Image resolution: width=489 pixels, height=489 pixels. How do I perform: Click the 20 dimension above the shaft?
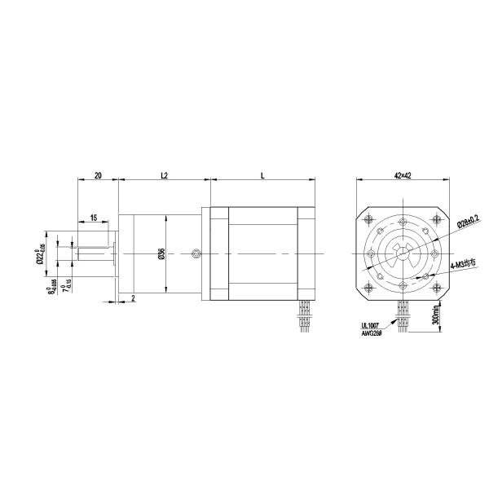98,175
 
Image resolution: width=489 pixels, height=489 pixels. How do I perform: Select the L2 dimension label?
164,175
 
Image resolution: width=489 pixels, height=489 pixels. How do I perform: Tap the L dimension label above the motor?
262,175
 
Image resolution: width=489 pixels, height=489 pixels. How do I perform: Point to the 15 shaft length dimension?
94,218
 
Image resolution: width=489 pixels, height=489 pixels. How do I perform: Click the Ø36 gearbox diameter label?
161,254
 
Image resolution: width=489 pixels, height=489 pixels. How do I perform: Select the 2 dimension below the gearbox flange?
133,297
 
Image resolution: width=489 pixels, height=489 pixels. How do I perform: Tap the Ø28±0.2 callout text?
467,222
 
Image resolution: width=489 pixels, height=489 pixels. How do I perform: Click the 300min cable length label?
437,315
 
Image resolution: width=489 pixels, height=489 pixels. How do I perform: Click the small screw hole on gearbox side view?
196,255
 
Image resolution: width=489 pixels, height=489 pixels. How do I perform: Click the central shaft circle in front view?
403,253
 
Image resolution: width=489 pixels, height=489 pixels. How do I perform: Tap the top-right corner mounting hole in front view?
436,218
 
